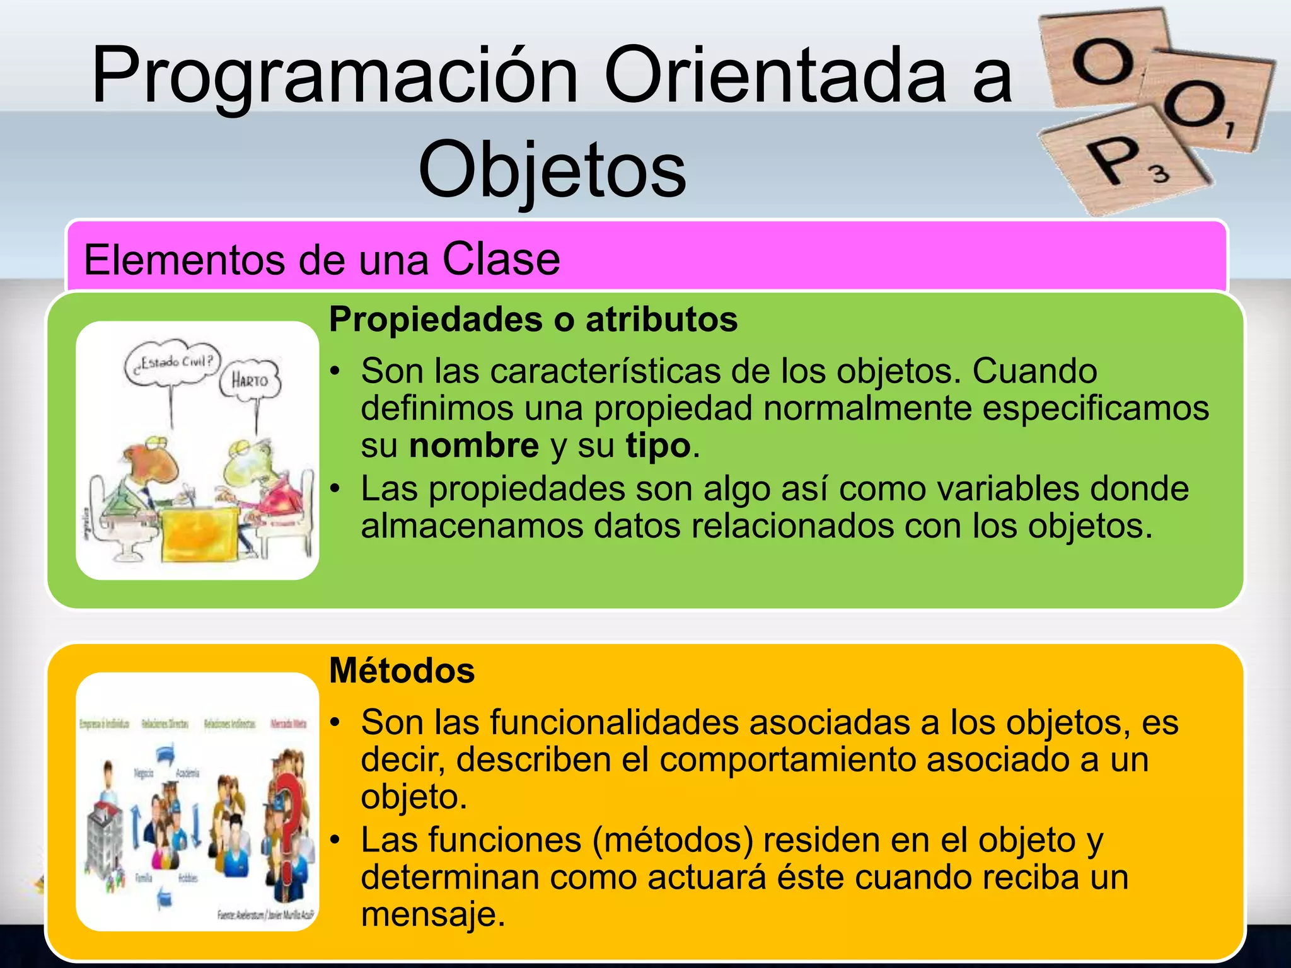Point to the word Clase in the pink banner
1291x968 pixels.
click(x=501, y=259)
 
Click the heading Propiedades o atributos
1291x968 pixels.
click(x=533, y=320)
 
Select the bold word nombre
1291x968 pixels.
click(x=473, y=446)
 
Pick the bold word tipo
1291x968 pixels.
click(x=658, y=446)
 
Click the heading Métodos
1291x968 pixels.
click(x=402, y=671)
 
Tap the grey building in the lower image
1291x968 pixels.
click(x=104, y=838)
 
